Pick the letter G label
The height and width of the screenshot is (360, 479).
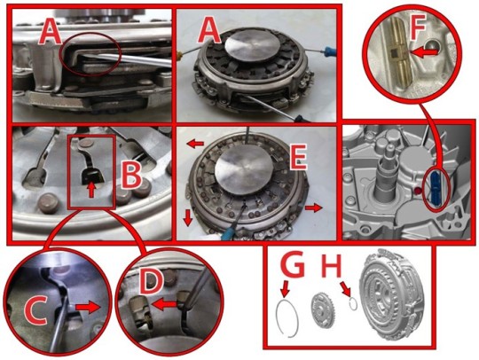tap(293, 264)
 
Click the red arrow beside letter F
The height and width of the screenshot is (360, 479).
tap(420, 52)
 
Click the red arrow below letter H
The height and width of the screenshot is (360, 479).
tap(347, 288)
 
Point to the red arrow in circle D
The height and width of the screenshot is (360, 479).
tap(164, 304)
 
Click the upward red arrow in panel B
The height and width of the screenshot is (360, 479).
tap(90, 191)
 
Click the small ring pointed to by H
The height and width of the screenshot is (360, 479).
tap(353, 304)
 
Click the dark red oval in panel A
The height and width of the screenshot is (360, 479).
tap(92, 52)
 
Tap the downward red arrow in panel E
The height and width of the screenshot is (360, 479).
tap(188, 218)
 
